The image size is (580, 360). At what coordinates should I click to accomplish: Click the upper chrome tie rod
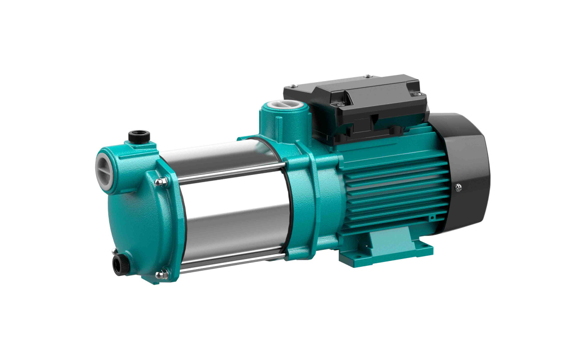227,172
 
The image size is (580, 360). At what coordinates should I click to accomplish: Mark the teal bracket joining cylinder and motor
302,203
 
